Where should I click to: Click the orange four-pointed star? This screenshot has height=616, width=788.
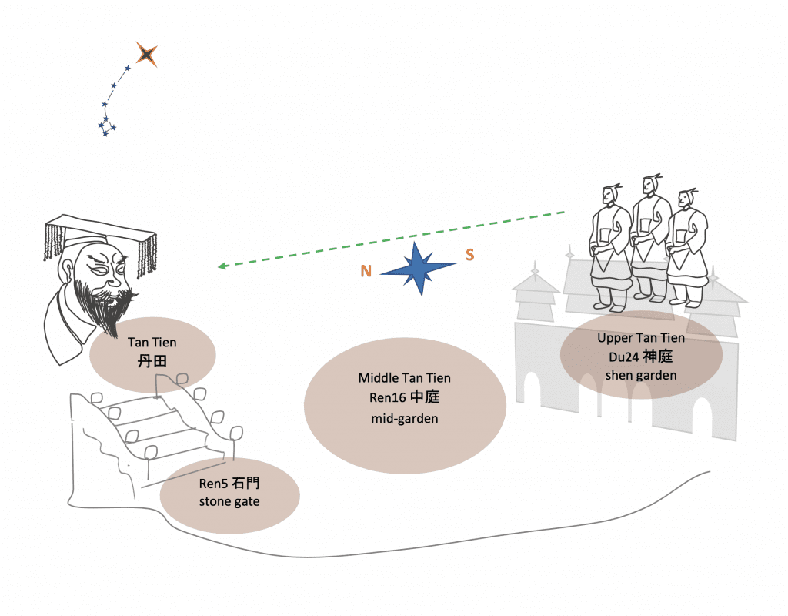point(146,54)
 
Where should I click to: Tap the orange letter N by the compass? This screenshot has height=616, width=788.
point(366,271)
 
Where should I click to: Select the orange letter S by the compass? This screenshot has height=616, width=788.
point(469,255)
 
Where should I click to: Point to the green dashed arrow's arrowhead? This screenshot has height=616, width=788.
point(222,266)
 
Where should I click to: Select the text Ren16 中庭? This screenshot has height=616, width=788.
point(404,397)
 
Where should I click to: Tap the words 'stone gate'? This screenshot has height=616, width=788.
point(229,502)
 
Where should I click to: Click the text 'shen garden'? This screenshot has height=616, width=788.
point(640,375)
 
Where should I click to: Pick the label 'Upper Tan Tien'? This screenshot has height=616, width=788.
point(640,338)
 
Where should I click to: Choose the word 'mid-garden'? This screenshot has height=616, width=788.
point(404,418)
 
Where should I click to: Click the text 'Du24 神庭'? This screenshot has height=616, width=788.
point(640,357)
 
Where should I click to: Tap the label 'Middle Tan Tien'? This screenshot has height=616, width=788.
point(404,378)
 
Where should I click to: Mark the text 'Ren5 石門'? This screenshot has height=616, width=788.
point(229,484)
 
